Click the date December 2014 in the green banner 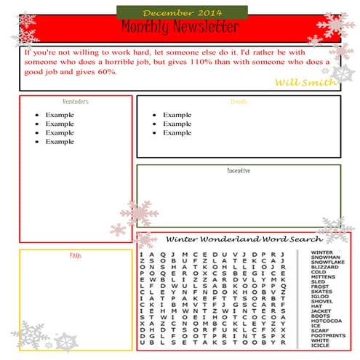click(x=182, y=12)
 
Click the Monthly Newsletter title click(x=180, y=28)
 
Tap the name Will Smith click(x=305, y=81)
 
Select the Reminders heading click(x=76, y=102)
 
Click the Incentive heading click(x=239, y=171)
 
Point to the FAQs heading click(x=76, y=256)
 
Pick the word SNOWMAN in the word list click(x=324, y=257)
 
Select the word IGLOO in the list click(x=320, y=297)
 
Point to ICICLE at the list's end click(x=320, y=345)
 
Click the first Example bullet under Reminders click(x=60, y=115)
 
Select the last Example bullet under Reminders click(x=60, y=141)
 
